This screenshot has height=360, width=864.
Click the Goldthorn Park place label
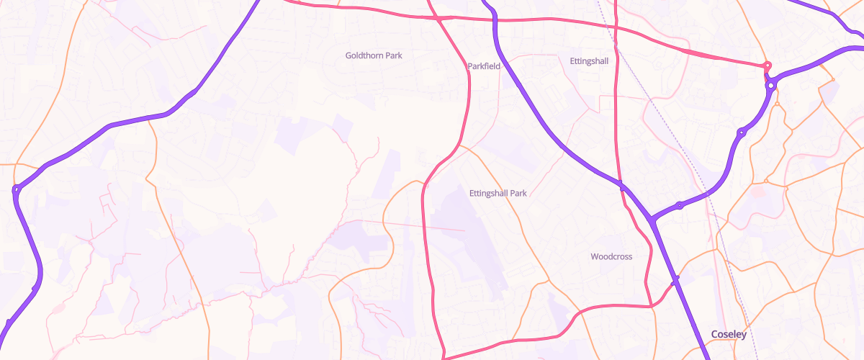pos(374,55)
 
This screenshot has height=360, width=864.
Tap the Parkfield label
pos(484,66)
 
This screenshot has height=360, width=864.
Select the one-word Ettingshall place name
pos(588,61)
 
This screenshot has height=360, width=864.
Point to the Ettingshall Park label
pos(498,194)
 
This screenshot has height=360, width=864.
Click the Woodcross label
pos(611,257)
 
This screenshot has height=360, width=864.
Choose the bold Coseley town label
pos(729,334)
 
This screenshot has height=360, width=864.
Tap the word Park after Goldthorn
pos(393,55)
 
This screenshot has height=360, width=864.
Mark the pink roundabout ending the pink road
pos(768,66)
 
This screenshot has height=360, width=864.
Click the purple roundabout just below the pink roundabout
pos(771,86)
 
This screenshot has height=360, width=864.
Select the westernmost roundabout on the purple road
pos(16,190)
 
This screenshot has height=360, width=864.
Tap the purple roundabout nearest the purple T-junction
pos(679,205)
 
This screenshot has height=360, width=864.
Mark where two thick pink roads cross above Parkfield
pos(439,19)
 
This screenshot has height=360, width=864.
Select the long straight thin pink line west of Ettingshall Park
pos(410,225)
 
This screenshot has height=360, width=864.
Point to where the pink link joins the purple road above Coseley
pos(675,282)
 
